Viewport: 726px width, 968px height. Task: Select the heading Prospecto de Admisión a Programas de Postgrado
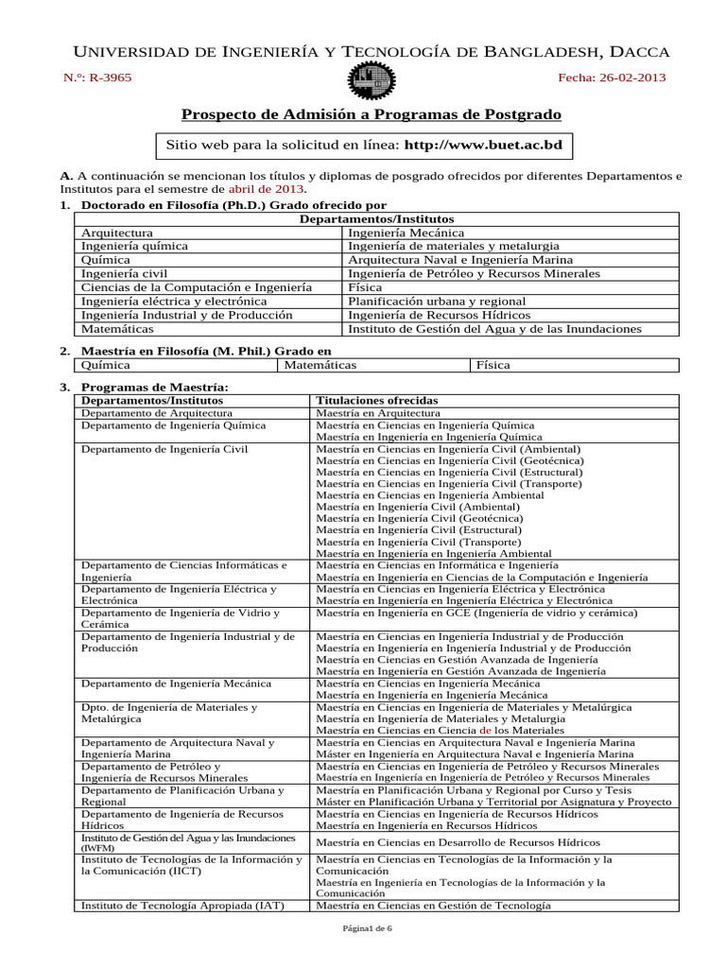[x=371, y=114]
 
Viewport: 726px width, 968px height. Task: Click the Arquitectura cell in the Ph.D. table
[x=117, y=232]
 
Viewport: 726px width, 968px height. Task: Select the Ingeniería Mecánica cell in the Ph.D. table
[x=406, y=232]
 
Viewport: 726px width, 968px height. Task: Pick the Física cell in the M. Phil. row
[x=494, y=364]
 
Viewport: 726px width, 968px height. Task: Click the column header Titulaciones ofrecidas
[x=376, y=400]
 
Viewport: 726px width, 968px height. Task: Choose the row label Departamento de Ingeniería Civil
[x=164, y=449]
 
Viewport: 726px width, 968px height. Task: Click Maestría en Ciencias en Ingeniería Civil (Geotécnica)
[x=449, y=460]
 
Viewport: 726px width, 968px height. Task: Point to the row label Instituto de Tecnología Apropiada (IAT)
[x=182, y=905]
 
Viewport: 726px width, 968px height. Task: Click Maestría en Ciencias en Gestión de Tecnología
[x=433, y=905]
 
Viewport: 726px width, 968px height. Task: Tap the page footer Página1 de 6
[x=362, y=929]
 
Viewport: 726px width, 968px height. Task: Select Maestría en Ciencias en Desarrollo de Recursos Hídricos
[x=458, y=842]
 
